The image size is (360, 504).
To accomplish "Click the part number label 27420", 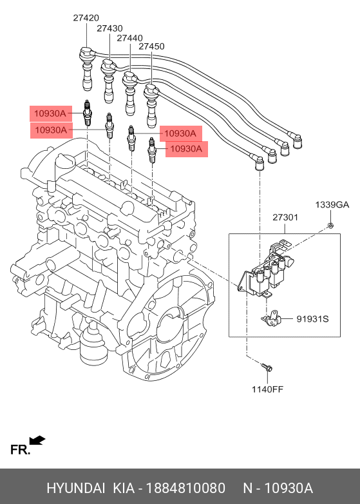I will (85, 18).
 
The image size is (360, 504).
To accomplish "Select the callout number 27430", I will (109, 28).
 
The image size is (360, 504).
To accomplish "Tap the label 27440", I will (130, 38).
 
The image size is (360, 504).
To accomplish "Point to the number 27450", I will (151, 46).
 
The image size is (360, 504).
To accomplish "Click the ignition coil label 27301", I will (285, 218).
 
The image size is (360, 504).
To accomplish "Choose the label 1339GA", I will (332, 205).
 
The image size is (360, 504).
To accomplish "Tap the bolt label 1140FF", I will (267, 389).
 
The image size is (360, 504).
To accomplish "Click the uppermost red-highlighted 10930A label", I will (50, 113).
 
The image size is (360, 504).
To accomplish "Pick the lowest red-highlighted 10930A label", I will (185, 150).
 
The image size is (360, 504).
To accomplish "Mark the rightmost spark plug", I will (153, 150).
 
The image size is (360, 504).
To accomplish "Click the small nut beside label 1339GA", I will (329, 224).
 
